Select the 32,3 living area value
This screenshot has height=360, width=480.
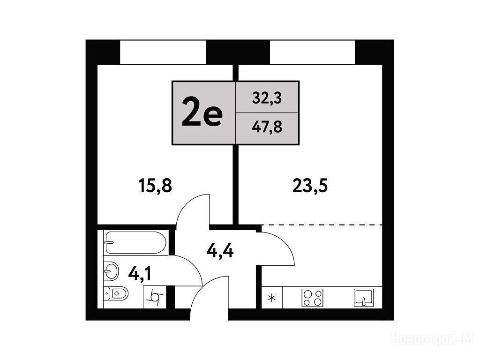267,99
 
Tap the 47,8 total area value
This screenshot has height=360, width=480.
267,127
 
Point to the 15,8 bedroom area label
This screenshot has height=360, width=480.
155,186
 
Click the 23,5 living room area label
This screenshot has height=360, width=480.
310,186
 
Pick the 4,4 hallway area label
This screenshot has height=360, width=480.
220,252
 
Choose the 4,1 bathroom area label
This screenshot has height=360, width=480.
140,273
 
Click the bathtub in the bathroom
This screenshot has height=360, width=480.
136,242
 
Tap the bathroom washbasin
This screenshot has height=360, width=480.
111,270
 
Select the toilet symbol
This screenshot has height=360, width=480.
116,293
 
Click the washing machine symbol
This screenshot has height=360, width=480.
155,297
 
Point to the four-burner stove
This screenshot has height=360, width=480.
313,298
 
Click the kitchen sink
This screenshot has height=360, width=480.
364,298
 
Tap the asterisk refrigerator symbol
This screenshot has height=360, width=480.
271,298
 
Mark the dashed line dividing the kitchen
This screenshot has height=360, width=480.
322,225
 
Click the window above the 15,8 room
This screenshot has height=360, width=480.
163,52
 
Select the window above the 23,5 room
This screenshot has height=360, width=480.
312,52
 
